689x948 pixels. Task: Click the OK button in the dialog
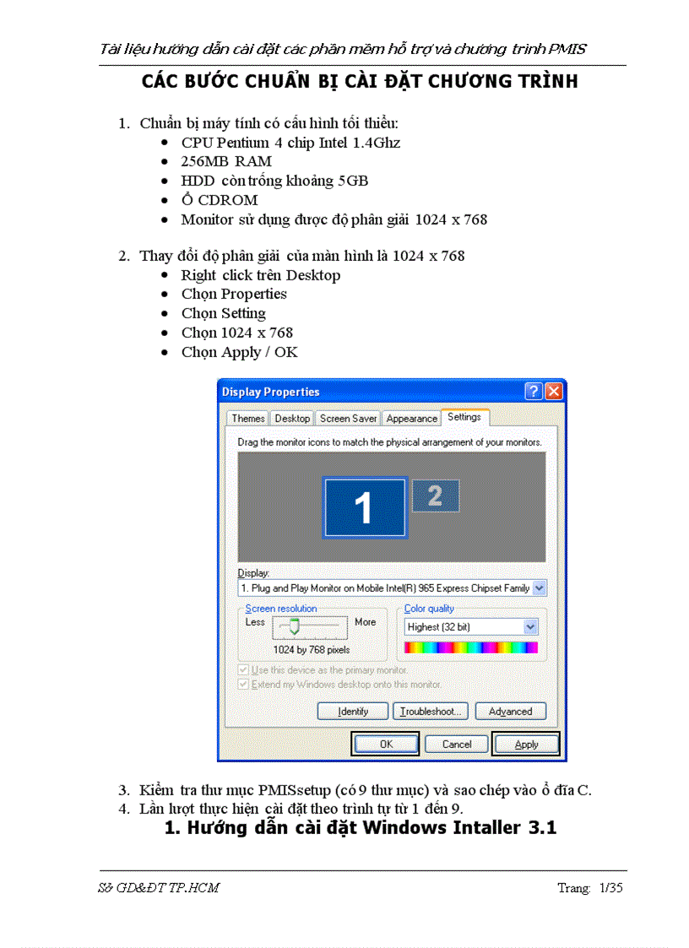click(386, 744)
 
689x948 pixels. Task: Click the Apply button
click(526, 744)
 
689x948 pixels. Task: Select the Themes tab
click(248, 419)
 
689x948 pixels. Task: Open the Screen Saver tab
click(348, 419)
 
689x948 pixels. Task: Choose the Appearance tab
click(412, 419)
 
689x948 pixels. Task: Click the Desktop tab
click(292, 419)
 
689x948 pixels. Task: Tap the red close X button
click(554, 392)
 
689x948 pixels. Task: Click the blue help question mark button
click(534, 392)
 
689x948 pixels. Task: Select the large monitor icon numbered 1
click(364, 508)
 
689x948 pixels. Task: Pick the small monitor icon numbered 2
click(436, 496)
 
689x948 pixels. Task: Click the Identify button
click(353, 712)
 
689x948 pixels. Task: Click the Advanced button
click(510, 712)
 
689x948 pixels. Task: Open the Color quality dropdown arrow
click(530, 626)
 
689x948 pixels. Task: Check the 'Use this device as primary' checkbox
click(244, 670)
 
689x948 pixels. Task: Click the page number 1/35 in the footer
click(610, 887)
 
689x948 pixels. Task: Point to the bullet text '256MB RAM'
click(226, 161)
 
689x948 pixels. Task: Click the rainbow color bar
click(470, 647)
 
